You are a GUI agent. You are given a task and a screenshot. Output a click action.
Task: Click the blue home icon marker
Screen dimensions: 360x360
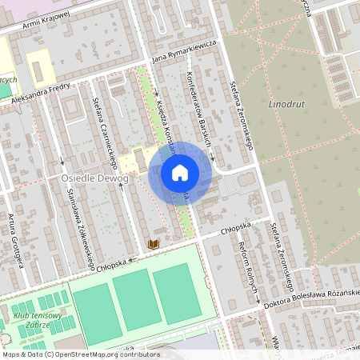click(180, 172)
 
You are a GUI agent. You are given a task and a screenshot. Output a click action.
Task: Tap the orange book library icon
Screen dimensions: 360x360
click(154, 243)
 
